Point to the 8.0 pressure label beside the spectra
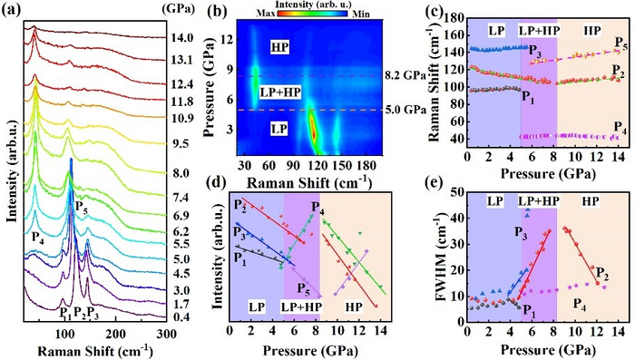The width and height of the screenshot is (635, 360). coord(181,172)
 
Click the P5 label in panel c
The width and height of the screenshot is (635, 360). coord(619,44)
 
